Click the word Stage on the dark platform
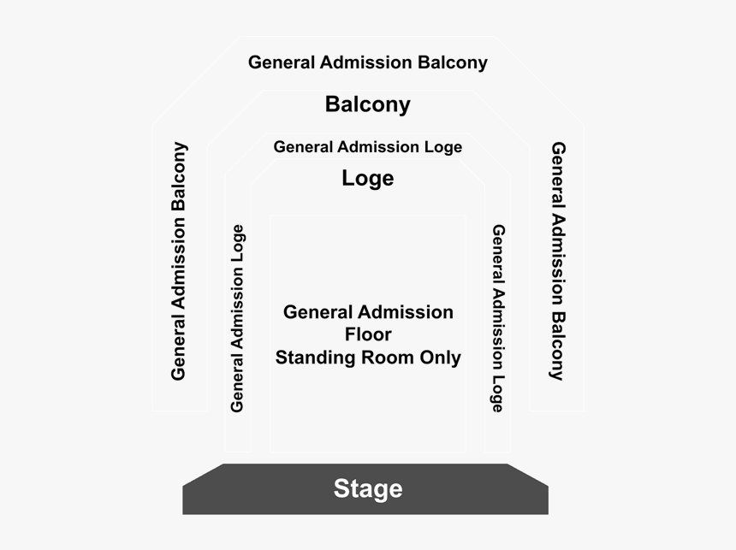coord(368,488)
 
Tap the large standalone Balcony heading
coord(368,104)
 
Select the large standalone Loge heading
coord(368,178)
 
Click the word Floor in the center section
coord(368,334)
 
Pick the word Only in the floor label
coord(438,358)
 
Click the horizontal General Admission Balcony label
coord(368,62)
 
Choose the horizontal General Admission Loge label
coord(368,147)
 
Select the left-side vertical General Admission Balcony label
coord(179,261)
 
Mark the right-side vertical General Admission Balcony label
coord(558,261)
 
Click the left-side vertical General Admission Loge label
coord(237,318)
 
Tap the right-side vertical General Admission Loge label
coord(498,318)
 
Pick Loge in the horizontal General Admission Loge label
coord(443,147)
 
